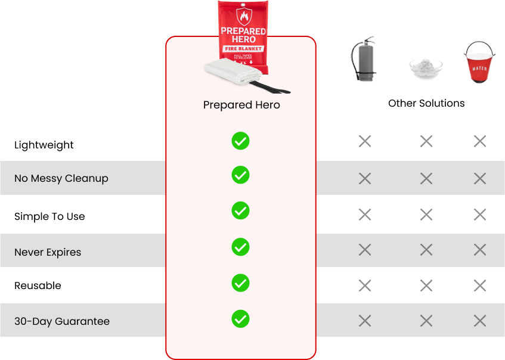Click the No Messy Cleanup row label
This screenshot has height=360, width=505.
tap(61, 178)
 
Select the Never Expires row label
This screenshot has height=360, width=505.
tap(48, 252)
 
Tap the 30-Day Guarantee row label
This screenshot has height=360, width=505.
tap(62, 321)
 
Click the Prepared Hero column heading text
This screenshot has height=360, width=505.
tap(241, 105)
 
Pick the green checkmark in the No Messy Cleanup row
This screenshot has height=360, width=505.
tap(240, 175)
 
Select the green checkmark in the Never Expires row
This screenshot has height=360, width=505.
tap(240, 247)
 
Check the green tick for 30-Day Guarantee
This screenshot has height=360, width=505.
tap(240, 318)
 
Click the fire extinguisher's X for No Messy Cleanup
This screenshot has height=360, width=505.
tap(365, 178)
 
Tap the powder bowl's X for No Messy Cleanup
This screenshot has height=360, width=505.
tap(426, 178)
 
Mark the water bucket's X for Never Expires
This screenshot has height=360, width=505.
tap(479, 250)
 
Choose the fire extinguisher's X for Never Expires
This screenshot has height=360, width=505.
tap(365, 250)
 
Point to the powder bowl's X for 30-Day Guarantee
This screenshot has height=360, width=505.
tap(426, 321)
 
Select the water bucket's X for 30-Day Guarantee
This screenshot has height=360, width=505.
tap(479, 321)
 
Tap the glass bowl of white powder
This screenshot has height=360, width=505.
tap(426, 67)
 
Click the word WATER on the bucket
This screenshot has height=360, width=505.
tap(479, 67)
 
